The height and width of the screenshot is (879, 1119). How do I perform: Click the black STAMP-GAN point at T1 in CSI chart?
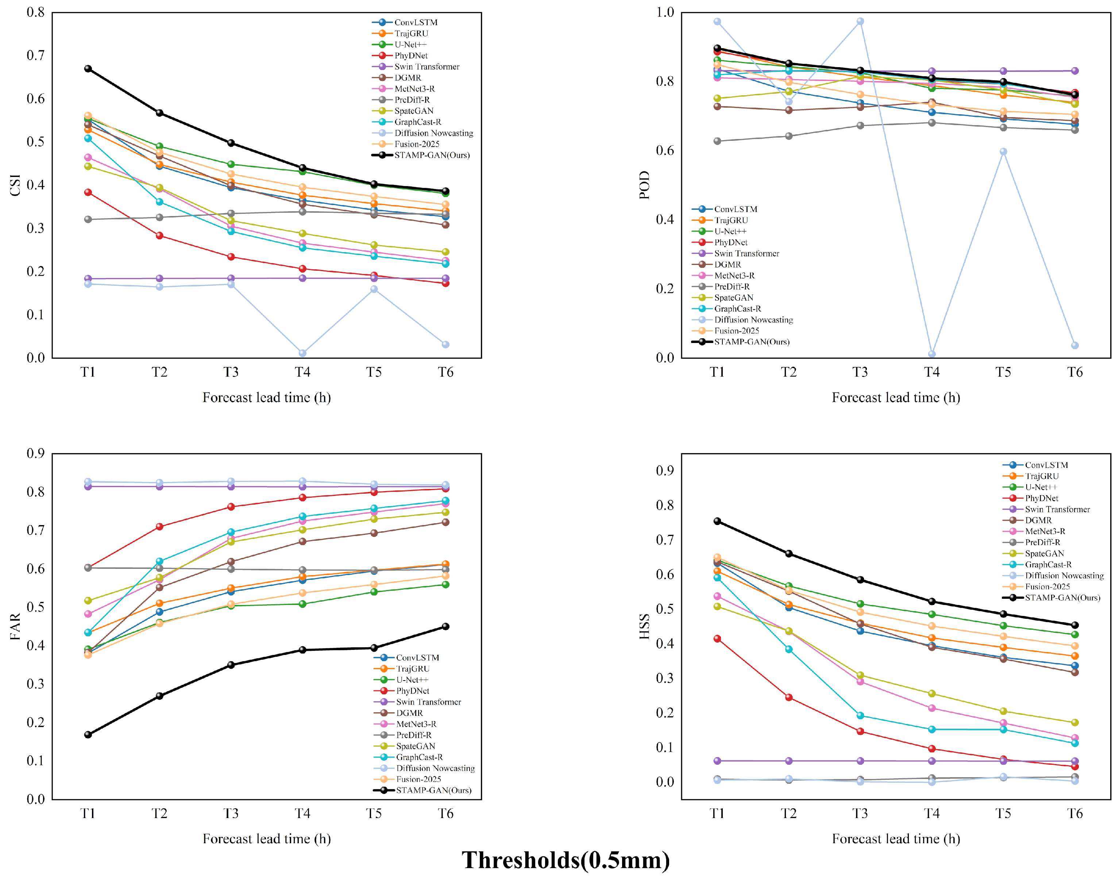coord(88,69)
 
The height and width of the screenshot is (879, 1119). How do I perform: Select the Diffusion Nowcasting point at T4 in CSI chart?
coord(302,353)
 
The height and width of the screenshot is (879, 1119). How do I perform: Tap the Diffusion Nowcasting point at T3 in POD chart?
coord(860,21)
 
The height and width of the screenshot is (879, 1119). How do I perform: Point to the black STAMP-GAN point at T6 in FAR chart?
coord(445,626)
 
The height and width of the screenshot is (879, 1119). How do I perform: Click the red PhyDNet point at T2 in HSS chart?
coord(789,697)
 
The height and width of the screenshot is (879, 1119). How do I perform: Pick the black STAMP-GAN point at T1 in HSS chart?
coord(717,521)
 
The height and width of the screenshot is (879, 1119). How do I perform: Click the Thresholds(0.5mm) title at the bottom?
coord(566,860)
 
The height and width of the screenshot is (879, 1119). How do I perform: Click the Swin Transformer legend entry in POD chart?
coord(736,253)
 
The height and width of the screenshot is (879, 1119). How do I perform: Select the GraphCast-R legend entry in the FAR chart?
coord(408,757)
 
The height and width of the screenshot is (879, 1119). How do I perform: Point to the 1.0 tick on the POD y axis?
coord(665,12)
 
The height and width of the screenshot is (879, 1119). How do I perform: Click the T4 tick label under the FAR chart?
coord(302,813)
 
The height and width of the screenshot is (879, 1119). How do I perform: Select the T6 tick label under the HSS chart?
coord(1075,813)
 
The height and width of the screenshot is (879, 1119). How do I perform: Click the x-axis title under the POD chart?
coord(896,397)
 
